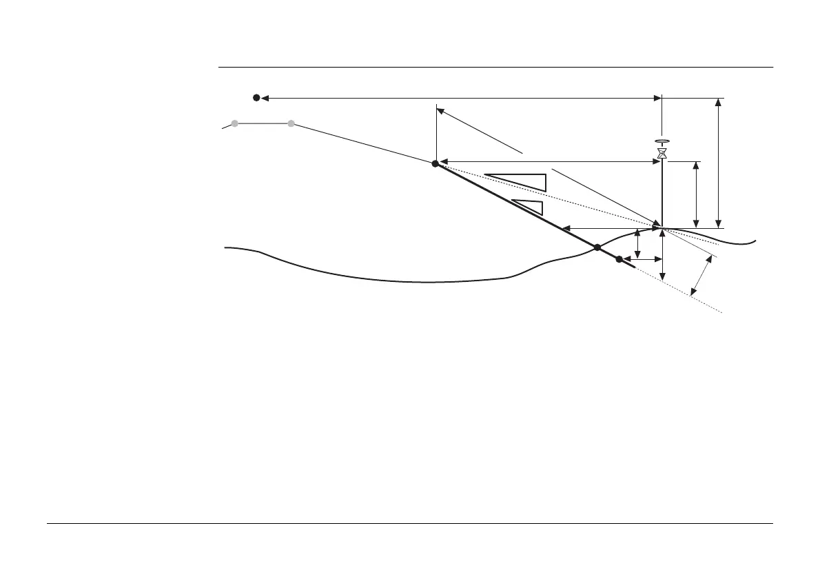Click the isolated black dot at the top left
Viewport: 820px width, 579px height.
pos(256,98)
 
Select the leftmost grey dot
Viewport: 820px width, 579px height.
pos(235,124)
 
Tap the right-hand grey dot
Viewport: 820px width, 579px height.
pos(291,124)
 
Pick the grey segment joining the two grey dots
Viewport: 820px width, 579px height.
pos(263,124)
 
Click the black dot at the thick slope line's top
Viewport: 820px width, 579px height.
pos(435,163)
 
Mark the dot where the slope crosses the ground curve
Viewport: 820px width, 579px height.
pos(597,247)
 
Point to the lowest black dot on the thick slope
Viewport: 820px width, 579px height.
pos(619,259)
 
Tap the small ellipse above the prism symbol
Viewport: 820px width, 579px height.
pos(662,139)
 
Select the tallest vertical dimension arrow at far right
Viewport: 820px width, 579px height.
pos(719,163)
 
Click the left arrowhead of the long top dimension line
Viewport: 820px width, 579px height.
pos(265,98)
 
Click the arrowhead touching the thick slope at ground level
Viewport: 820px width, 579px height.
pos(565,227)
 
